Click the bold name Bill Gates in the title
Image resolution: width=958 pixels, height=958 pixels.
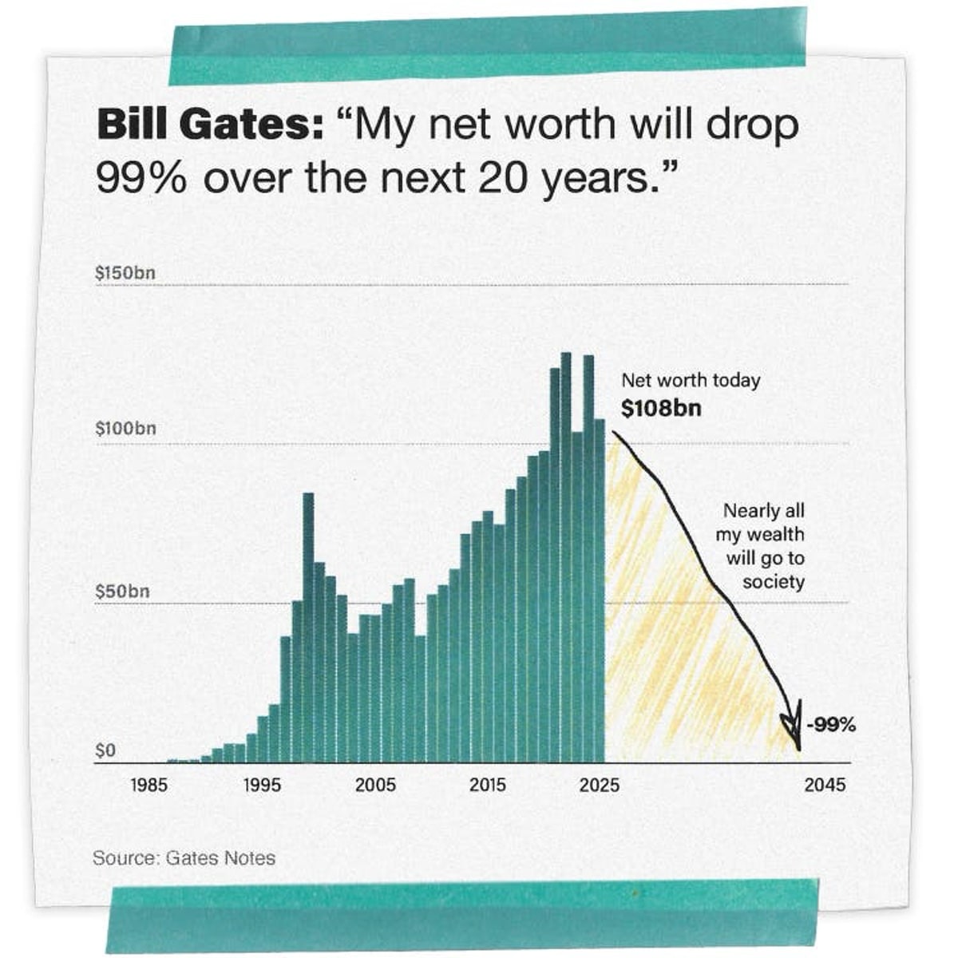209,126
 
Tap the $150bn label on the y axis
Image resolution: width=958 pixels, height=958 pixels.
125,273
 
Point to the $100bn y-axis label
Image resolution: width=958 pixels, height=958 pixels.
125,428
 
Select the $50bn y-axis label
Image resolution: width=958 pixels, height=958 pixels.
122,592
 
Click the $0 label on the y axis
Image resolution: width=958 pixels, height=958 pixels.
105,751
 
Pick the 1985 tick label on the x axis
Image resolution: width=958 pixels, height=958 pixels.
148,785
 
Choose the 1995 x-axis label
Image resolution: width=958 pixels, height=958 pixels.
262,785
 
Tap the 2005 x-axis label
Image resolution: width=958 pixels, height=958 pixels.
375,785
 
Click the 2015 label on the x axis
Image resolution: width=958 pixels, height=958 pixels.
488,785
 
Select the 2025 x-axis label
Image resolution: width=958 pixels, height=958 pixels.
600,785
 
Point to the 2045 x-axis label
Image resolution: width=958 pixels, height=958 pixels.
825,785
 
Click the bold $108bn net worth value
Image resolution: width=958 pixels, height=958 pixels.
661,408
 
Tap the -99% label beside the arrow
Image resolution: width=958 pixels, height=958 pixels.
831,725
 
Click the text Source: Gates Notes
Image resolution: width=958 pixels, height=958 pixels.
184,858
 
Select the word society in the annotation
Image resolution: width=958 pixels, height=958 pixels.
773,582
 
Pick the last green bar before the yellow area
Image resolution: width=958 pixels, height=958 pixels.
599,591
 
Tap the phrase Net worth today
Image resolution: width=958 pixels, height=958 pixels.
691,381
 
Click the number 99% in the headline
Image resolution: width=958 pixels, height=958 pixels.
141,177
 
